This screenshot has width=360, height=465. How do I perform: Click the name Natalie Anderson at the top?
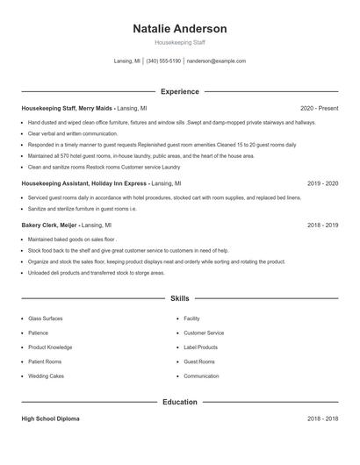pyautogui.click(x=179, y=28)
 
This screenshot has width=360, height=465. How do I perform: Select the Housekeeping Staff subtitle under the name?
pyautogui.click(x=179, y=42)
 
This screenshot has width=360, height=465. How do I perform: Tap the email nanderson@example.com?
pyautogui.click(x=216, y=61)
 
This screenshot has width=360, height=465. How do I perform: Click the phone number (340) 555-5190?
pyautogui.click(x=163, y=61)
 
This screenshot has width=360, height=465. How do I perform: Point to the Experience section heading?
pyautogui.click(x=179, y=91)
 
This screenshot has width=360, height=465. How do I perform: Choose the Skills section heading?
pyautogui.click(x=179, y=298)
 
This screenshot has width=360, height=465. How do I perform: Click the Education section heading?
pyautogui.click(x=179, y=402)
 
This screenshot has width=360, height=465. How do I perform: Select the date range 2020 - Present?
pyautogui.click(x=319, y=108)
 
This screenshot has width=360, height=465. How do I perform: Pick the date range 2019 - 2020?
pyautogui.click(x=322, y=184)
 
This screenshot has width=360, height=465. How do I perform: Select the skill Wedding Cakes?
pyautogui.click(x=46, y=376)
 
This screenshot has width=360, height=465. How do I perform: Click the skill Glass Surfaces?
pyautogui.click(x=46, y=318)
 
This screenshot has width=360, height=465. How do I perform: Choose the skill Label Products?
pyautogui.click(x=200, y=347)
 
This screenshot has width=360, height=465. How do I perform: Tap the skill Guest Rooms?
pyautogui.click(x=198, y=361)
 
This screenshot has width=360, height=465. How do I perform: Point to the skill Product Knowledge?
pyautogui.click(x=50, y=347)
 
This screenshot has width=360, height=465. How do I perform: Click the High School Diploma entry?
pyautogui.click(x=50, y=418)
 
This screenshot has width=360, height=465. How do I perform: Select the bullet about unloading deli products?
pyautogui.click(x=96, y=273)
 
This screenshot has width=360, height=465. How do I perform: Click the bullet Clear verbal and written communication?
pyautogui.click(x=72, y=133)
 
